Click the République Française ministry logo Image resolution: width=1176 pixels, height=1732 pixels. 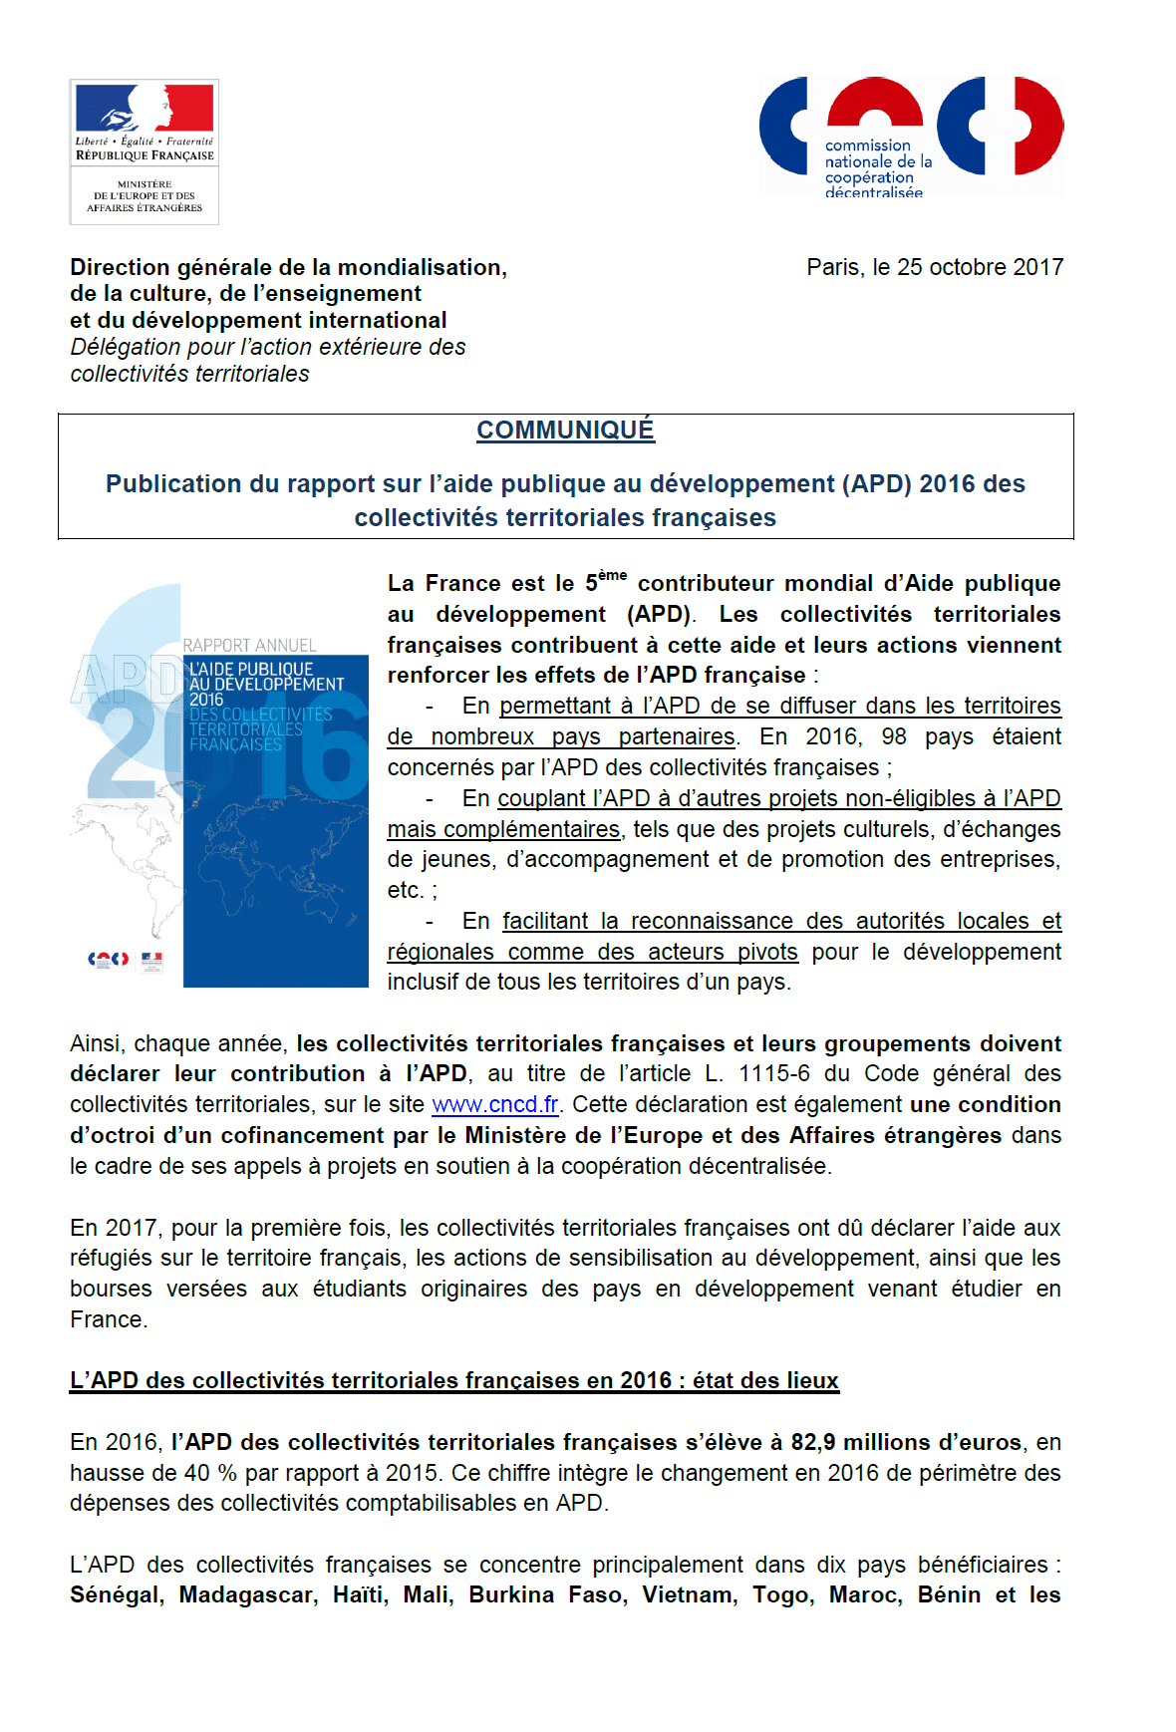click(145, 151)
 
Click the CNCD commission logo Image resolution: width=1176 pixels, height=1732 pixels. click(911, 138)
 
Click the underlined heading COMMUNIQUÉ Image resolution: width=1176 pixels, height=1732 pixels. click(565, 431)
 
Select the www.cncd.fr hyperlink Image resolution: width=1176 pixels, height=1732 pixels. click(494, 1105)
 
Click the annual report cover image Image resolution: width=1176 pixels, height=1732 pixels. click(219, 786)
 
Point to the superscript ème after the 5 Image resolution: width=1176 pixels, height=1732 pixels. click(612, 575)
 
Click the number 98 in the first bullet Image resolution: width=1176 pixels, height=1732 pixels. click(894, 736)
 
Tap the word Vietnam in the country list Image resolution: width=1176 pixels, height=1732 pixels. click(690, 1595)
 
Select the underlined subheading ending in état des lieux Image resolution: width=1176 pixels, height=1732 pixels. click(454, 1380)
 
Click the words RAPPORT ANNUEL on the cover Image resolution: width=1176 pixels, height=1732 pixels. click(249, 646)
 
